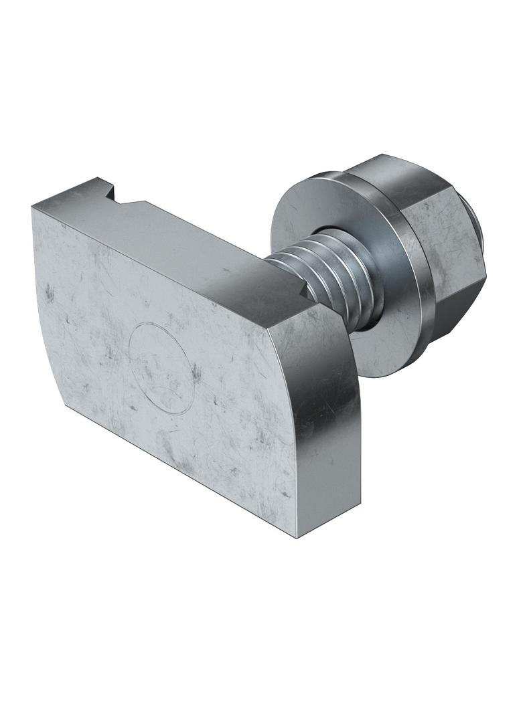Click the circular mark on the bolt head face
pos(161,367)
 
